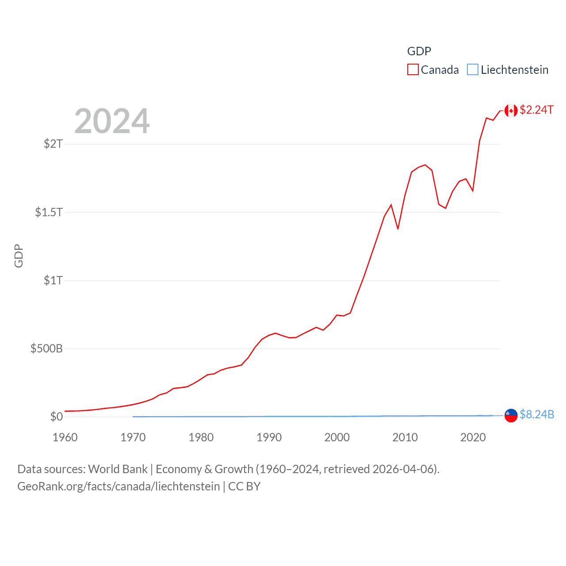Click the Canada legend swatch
[413, 70]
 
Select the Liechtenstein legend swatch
[473, 70]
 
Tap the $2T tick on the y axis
[53, 144]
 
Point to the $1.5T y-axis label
[49, 212]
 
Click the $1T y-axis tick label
[53, 280]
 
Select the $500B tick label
[46, 348]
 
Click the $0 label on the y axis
[57, 417]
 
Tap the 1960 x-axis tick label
[65, 437]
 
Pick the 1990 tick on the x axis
[269, 437]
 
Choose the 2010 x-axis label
[405, 437]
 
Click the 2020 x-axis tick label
[473, 437]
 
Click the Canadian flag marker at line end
[511, 111]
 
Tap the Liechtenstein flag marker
[511, 415]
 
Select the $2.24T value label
[536, 110]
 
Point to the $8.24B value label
[537, 414]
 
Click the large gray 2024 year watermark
[112, 121]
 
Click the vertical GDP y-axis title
[19, 256]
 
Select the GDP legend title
[419, 51]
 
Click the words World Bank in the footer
[118, 469]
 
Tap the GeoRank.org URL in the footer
[119, 486]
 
